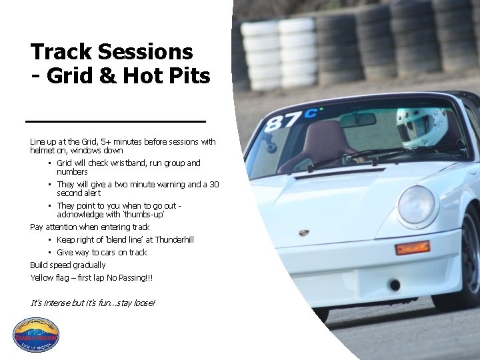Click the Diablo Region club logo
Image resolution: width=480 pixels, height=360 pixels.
[36, 335]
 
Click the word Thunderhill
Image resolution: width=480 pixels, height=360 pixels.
[172, 239]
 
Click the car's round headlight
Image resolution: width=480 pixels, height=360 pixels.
[416, 204]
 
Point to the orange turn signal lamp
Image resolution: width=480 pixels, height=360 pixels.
[412, 248]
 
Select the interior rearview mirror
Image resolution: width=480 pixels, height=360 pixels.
[357, 121]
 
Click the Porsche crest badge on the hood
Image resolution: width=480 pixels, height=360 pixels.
[304, 233]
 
